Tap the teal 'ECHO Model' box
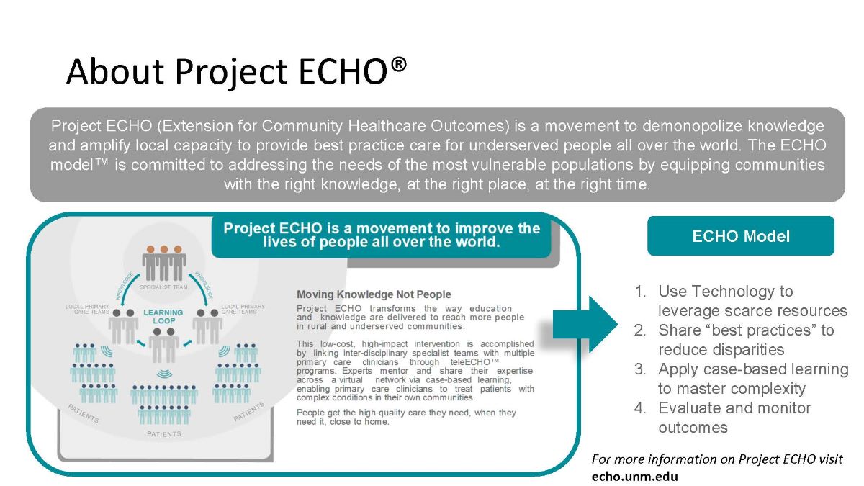pos(740,236)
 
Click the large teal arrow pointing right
pos(586,324)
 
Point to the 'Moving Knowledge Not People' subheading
pos(374,294)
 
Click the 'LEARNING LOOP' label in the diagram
pos(163,317)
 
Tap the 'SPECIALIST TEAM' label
pos(164,287)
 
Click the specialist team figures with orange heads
pos(164,263)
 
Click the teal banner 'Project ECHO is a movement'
pos(382,235)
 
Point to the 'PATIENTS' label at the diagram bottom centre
pos(163,434)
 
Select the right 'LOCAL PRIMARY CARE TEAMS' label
pos(243,309)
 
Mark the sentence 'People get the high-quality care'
pos(406,417)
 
